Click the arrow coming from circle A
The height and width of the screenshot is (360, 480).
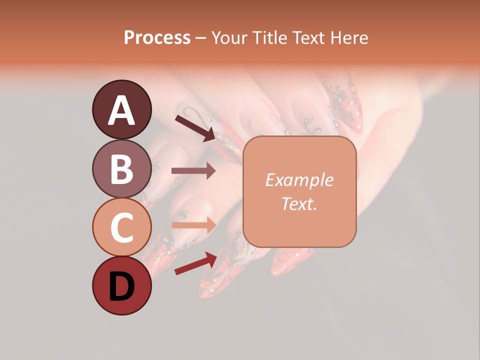coord(194,128)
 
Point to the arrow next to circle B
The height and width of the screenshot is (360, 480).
coord(193,171)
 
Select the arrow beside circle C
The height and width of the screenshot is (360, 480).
coord(193,225)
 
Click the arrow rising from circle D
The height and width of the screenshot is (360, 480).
coord(195,263)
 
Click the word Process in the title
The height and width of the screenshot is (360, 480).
coord(157,37)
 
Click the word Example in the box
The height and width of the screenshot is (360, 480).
coord(299,180)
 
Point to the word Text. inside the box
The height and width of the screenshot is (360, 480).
coord(299,203)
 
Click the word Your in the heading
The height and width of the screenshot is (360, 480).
coord(229,37)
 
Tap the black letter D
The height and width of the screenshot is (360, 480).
coord(122,287)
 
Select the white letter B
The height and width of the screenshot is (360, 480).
coord(122,169)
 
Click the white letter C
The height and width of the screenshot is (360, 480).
coord(122,227)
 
